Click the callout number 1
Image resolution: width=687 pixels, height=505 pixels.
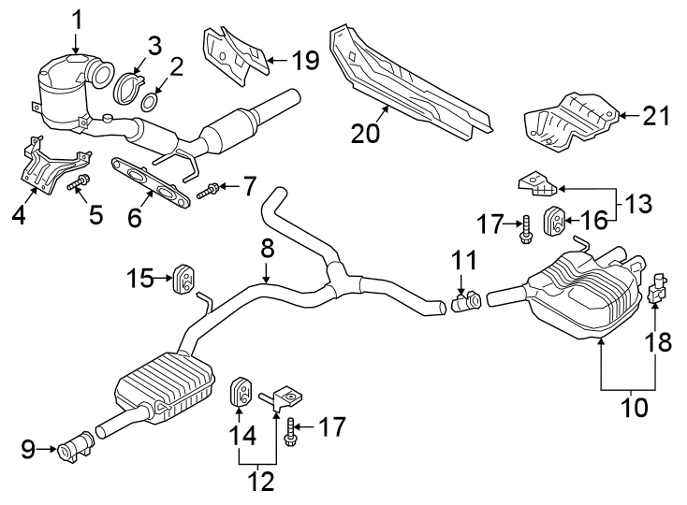pyautogui.click(x=78, y=18)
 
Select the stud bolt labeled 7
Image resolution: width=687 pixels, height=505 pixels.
pyautogui.click(x=211, y=190)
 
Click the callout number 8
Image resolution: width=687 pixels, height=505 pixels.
pyautogui.click(x=266, y=248)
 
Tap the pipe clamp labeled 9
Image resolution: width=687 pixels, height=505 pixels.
pyautogui.click(x=74, y=451)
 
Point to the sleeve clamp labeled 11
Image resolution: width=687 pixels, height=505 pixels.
pyautogui.click(x=465, y=301)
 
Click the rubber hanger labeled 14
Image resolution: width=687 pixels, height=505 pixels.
pyautogui.click(x=240, y=390)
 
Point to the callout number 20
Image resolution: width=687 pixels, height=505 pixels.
pyautogui.click(x=366, y=133)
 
